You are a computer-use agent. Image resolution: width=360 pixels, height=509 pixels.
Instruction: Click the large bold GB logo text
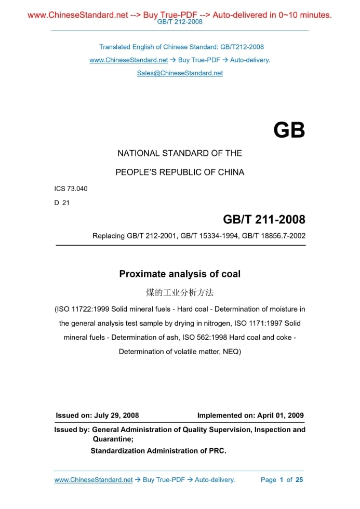pos(289,130)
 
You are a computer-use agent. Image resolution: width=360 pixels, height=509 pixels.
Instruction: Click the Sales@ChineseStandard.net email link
pos(180,73)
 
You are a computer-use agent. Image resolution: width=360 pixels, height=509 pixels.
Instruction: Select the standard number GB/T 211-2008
pos(264,219)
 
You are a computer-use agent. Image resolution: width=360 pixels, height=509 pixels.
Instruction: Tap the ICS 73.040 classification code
pos(71,189)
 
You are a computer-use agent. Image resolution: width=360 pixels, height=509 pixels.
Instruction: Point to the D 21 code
pos(62,203)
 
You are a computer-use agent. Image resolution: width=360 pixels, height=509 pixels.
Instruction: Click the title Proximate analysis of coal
pos(180,274)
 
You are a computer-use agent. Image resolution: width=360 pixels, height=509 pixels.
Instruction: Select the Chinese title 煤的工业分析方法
pos(180,292)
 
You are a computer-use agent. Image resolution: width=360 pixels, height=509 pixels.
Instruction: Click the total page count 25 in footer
pos(299,480)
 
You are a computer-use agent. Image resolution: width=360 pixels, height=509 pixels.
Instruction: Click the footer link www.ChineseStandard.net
pos(94,480)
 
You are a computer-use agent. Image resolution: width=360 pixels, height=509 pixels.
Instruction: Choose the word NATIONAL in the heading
pos(138,153)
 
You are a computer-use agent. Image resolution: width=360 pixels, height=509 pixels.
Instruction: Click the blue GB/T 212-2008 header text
pos(180,22)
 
